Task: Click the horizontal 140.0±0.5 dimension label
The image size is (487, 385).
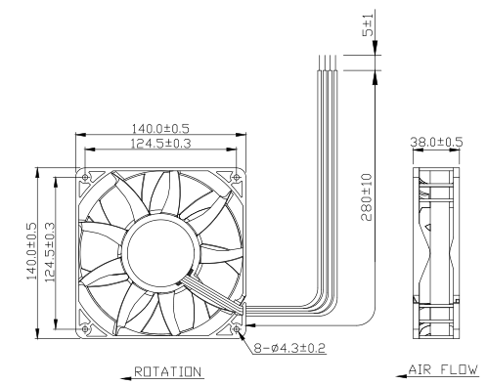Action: pyautogui.click(x=160, y=128)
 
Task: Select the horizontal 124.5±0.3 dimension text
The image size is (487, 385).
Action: pyautogui.click(x=160, y=144)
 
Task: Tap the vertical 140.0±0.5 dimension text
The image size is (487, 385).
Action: pyautogui.click(x=31, y=251)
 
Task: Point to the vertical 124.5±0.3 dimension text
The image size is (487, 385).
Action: pyautogui.click(x=50, y=252)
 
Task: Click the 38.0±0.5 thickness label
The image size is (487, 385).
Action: pyautogui.click(x=436, y=142)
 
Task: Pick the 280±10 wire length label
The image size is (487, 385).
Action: pyautogui.click(x=367, y=197)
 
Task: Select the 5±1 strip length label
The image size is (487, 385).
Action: pyautogui.click(x=369, y=23)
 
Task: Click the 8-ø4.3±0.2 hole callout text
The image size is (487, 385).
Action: pyautogui.click(x=289, y=348)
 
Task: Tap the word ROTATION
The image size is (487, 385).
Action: pyautogui.click(x=168, y=371)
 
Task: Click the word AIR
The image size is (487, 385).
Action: pyautogui.click(x=420, y=369)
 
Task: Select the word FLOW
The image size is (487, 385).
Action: pyautogui.click(x=460, y=369)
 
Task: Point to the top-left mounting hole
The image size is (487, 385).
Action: pyautogui.click(x=85, y=177)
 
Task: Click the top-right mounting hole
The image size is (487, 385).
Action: pyautogui.click(x=237, y=177)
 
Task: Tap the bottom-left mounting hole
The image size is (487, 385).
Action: pyautogui.click(x=85, y=329)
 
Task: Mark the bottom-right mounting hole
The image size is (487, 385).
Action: pyautogui.click(x=237, y=329)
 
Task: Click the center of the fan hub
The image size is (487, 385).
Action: pyautogui.click(x=159, y=252)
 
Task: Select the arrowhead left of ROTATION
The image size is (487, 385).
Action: pyautogui.click(x=126, y=378)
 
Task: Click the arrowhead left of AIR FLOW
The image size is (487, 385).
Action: pyautogui.click(x=402, y=376)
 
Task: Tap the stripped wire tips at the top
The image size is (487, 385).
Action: pyautogui.click(x=328, y=63)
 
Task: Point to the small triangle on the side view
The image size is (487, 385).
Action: pyautogui.click(x=428, y=227)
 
